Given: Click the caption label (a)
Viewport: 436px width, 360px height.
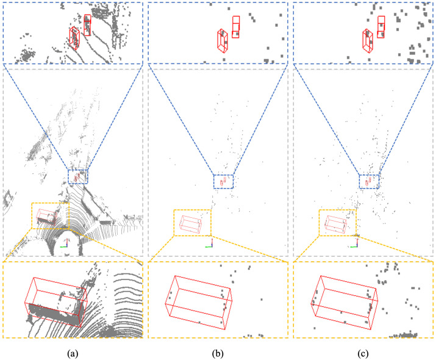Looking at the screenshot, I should pyautogui.click(x=73, y=352).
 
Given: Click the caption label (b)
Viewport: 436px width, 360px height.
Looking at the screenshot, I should pyautogui.click(x=218, y=352).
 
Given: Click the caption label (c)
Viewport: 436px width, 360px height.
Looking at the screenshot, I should pyautogui.click(x=363, y=352).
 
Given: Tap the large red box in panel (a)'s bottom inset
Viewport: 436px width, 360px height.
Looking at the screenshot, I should pyautogui.click(x=55, y=301).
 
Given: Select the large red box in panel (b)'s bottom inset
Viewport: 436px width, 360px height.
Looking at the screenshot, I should pyautogui.click(x=199, y=301).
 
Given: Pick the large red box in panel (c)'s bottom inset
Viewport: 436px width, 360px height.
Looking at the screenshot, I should pyautogui.click(x=345, y=301).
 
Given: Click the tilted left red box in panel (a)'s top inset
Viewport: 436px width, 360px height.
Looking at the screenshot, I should pyautogui.click(x=74, y=38).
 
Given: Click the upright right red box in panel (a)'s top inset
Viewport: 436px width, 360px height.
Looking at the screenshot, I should pyautogui.click(x=87, y=25).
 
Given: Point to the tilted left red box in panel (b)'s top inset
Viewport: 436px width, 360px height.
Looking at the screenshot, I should pyautogui.click(x=223, y=40).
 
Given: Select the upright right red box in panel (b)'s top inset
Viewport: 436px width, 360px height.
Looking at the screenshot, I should pyautogui.click(x=236, y=27).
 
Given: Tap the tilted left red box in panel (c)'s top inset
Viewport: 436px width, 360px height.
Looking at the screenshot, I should pyautogui.click(x=368, y=40).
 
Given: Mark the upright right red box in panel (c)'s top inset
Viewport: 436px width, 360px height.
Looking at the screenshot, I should pyautogui.click(x=381, y=27).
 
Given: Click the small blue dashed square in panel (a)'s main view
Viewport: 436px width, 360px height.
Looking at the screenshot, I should pyautogui.click(x=78, y=176).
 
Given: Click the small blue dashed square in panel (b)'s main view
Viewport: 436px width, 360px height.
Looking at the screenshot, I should pyautogui.click(x=223, y=181).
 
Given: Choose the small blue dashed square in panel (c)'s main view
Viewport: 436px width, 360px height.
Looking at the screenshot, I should pyautogui.click(x=369, y=181).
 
